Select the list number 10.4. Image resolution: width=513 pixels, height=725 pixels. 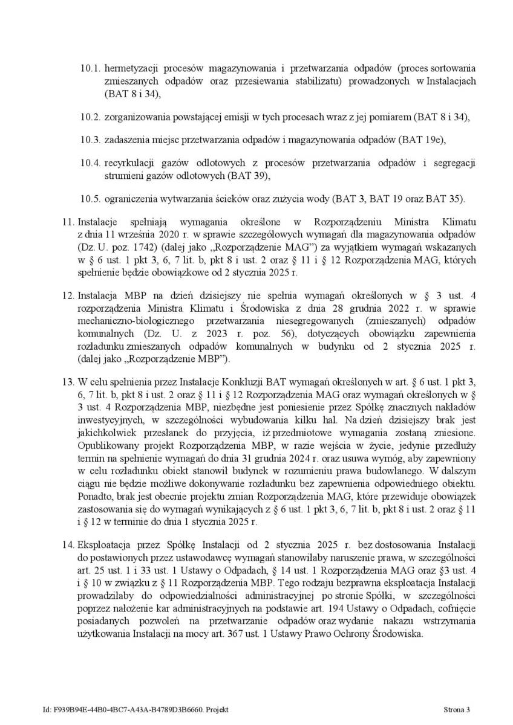(x=91, y=164)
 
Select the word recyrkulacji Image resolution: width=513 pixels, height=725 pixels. (x=128, y=164)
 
